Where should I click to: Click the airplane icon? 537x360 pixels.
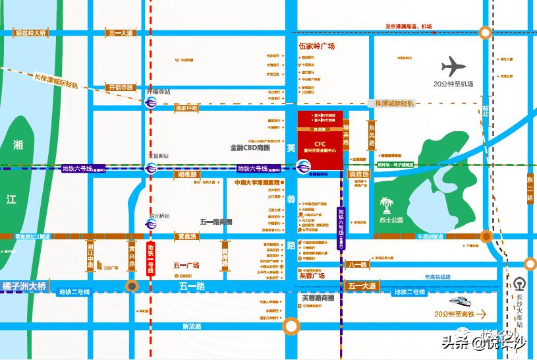coord(453,67)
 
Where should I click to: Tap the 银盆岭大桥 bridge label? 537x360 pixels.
coord(32,32)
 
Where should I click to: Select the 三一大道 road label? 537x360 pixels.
coord(121,32)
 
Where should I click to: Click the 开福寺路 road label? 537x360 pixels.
coord(121,87)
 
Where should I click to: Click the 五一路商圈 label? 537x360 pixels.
coord(217,222)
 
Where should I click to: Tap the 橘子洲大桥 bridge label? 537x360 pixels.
coord(25,286)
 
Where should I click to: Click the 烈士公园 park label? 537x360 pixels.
coord(391,220)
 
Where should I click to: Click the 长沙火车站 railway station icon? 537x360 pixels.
coord(520,282)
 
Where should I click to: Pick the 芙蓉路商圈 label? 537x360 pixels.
coord(318,297)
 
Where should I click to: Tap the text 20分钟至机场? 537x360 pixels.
coord(453,84)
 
